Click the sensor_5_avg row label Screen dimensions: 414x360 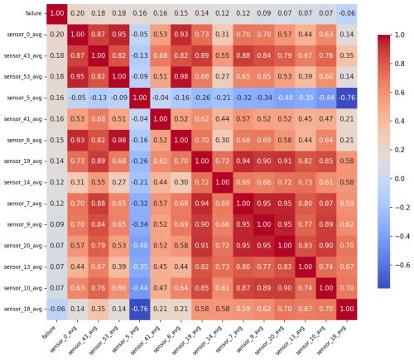[x=24, y=98]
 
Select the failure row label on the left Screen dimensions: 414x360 [x=33, y=13]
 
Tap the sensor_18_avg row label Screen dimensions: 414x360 [x=22, y=310]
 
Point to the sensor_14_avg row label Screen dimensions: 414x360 [x=22, y=183]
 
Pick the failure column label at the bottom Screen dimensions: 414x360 [x=49, y=332]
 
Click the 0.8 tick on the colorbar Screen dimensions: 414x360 [x=399, y=64]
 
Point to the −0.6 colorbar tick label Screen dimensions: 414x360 [x=402, y=265]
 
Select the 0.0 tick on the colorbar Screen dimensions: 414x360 [x=399, y=179]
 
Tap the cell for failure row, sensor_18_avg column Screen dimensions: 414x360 [x=347, y=13]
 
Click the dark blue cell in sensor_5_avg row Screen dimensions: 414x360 [x=347, y=98]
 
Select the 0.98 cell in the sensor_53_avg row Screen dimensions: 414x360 [x=181, y=77]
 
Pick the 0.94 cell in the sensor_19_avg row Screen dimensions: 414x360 [x=243, y=161]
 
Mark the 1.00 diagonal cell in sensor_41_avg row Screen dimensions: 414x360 [x=161, y=119]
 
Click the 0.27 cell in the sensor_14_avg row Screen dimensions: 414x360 [x=119, y=183]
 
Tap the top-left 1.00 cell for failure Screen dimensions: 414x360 [x=57, y=13]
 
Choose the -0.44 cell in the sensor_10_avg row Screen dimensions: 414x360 [x=140, y=288]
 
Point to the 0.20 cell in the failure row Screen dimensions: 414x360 [x=78, y=13]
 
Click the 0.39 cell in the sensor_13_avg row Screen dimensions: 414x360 [x=119, y=267]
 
